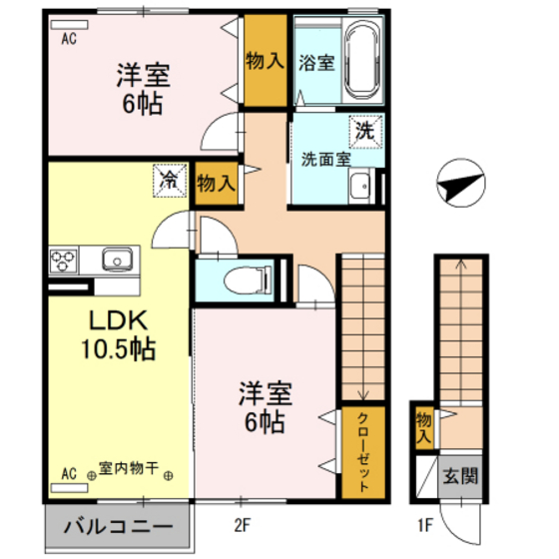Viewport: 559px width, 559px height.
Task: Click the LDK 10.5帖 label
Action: pyautogui.click(x=117, y=335)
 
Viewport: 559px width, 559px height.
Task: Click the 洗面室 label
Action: pyautogui.click(x=325, y=158)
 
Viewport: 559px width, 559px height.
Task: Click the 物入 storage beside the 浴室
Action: pyautogui.click(x=265, y=63)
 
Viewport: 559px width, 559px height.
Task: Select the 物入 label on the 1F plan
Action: pyautogui.click(x=423, y=427)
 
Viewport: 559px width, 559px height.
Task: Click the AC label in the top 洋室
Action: pyautogui.click(x=69, y=40)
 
